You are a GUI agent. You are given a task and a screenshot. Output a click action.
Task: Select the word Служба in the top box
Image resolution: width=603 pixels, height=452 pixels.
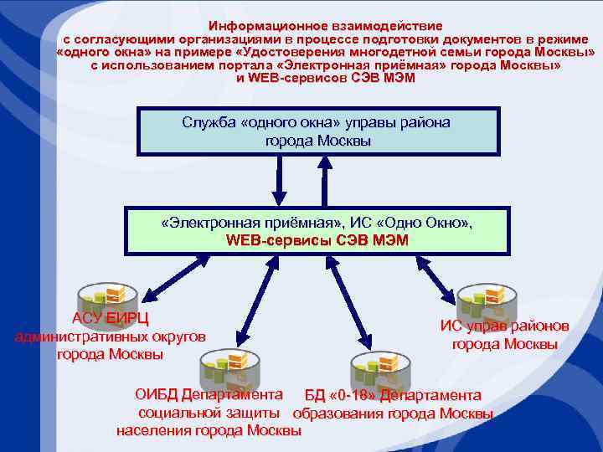209,123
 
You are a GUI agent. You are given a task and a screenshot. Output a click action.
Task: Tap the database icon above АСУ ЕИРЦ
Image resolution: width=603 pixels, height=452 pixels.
102,298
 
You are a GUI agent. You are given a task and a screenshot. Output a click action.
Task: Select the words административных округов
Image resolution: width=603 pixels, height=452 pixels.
110,336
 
